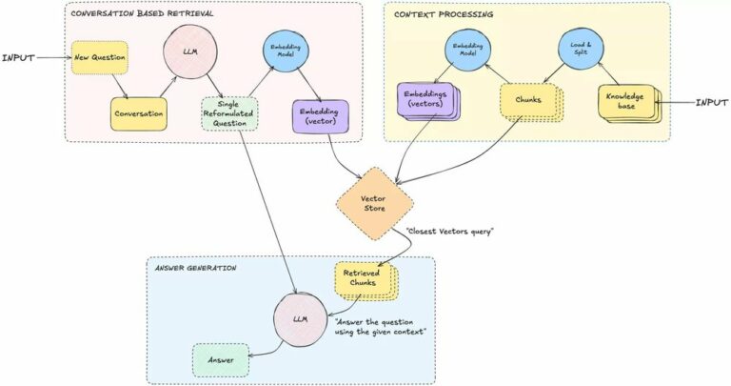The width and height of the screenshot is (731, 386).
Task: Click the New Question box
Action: (99, 57)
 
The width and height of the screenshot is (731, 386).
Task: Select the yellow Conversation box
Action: (138, 113)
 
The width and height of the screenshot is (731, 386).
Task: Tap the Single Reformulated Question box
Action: (229, 113)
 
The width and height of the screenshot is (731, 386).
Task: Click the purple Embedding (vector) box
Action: (320, 116)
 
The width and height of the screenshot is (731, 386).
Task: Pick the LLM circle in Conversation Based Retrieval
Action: (190, 51)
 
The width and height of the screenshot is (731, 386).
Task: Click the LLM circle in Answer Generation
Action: (300, 319)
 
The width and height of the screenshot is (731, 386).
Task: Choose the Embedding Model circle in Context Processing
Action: (467, 50)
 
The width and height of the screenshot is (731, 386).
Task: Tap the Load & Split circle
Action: (581, 49)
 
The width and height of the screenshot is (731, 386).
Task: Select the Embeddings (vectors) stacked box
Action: (429, 102)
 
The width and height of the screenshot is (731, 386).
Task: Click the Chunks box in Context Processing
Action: (531, 103)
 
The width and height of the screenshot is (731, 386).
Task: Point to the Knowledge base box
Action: (629, 104)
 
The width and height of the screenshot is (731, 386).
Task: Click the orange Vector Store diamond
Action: (374, 204)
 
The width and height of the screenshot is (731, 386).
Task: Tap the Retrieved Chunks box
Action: (365, 281)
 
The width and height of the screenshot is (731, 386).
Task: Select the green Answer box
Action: (221, 360)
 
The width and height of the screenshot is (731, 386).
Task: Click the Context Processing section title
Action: (444, 14)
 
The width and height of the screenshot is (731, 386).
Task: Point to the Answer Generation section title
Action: (195, 268)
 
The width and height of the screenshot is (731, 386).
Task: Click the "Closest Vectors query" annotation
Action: (449, 231)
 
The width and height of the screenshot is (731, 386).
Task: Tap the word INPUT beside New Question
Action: (18, 58)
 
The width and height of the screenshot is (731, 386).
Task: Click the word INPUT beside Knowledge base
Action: (711, 103)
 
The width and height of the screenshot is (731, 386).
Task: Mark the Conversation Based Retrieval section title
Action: (142, 13)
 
